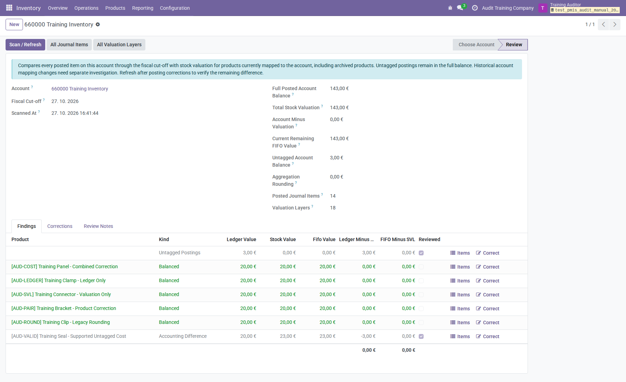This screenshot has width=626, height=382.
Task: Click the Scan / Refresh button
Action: coord(25,45)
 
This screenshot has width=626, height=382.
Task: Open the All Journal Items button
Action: coord(69,45)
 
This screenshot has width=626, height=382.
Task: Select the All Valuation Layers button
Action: coord(119,45)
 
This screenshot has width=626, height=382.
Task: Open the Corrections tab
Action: coord(60,226)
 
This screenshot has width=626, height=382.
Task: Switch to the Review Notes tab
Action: coord(98,226)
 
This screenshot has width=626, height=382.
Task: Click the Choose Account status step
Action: coord(476,45)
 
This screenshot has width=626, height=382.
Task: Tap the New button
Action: coord(14,24)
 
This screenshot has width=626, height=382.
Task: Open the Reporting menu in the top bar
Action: coord(143,8)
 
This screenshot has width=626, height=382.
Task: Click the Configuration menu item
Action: coord(175,8)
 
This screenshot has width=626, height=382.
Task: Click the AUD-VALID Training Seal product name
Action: coord(69,336)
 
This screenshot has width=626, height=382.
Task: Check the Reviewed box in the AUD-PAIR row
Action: coord(421,309)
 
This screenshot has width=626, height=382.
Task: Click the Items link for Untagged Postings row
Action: coord(460,253)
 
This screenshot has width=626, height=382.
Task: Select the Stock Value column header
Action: coord(283,239)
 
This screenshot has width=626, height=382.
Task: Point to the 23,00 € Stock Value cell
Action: coord(288,336)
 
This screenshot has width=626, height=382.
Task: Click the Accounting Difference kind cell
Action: coord(183,336)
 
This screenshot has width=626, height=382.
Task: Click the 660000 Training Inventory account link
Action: coord(80,89)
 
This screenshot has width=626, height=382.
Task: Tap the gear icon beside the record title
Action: coord(98,24)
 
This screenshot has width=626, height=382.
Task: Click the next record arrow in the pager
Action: coord(615,24)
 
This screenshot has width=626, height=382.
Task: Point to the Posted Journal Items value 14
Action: coord(333,196)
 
